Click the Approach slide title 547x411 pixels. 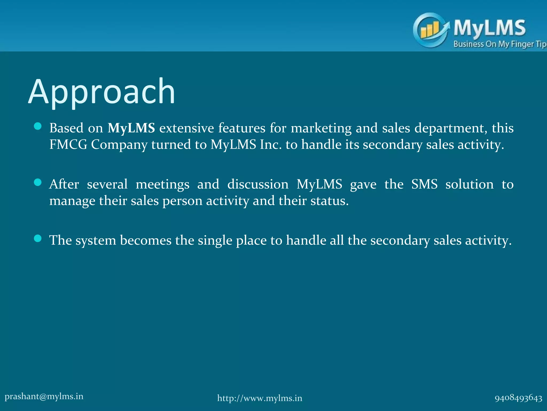(x=101, y=92)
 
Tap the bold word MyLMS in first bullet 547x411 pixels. (x=131, y=128)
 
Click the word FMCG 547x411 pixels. (x=68, y=145)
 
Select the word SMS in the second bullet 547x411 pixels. (x=424, y=184)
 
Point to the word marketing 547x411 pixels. (x=321, y=128)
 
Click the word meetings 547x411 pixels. (x=162, y=184)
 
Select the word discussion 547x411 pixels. (x=258, y=184)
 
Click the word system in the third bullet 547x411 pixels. (x=96, y=241)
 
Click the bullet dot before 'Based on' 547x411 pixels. (x=38, y=126)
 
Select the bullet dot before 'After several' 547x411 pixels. (x=38, y=182)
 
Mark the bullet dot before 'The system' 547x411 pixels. (x=38, y=238)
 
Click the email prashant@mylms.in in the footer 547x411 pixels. (x=44, y=396)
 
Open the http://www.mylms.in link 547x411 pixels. (x=260, y=398)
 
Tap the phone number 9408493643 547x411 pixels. (x=518, y=398)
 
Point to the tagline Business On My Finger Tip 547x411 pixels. (x=499, y=44)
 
